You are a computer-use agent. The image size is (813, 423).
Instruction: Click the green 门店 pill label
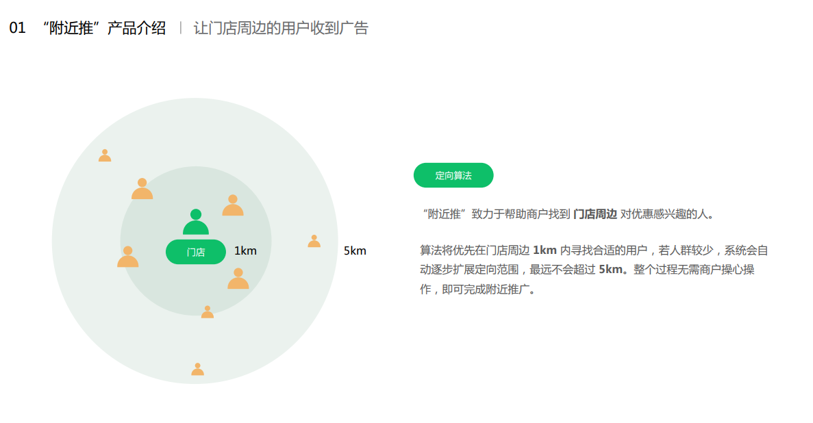(196, 252)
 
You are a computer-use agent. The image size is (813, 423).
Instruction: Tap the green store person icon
(196, 222)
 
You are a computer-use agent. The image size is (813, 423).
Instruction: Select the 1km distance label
(245, 251)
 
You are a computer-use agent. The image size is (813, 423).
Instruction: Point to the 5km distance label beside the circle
(355, 251)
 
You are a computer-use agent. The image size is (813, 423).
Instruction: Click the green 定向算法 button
(453, 175)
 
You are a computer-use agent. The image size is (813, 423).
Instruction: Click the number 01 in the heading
(17, 28)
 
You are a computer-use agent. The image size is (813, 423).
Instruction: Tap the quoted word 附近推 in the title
(71, 28)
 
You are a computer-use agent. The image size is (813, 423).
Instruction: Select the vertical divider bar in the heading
(180, 28)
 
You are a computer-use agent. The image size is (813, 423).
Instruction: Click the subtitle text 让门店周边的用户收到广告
(281, 28)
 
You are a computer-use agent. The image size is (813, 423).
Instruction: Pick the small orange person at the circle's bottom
(197, 370)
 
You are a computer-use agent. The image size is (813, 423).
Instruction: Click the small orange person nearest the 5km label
(314, 242)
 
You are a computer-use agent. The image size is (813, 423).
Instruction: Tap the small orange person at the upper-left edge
(105, 156)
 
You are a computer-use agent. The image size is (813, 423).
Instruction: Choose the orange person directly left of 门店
(127, 257)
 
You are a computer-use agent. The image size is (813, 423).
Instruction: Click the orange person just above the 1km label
(233, 205)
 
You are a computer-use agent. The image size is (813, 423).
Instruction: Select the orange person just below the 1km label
(238, 279)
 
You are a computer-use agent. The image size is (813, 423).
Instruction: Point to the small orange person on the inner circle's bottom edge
(208, 312)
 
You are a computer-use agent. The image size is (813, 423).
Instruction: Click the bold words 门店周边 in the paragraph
(595, 214)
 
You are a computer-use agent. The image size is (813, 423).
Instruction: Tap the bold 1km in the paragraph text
(545, 251)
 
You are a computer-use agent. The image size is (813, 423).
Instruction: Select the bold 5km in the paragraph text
(611, 269)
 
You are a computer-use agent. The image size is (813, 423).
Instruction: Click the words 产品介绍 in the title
(136, 28)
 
